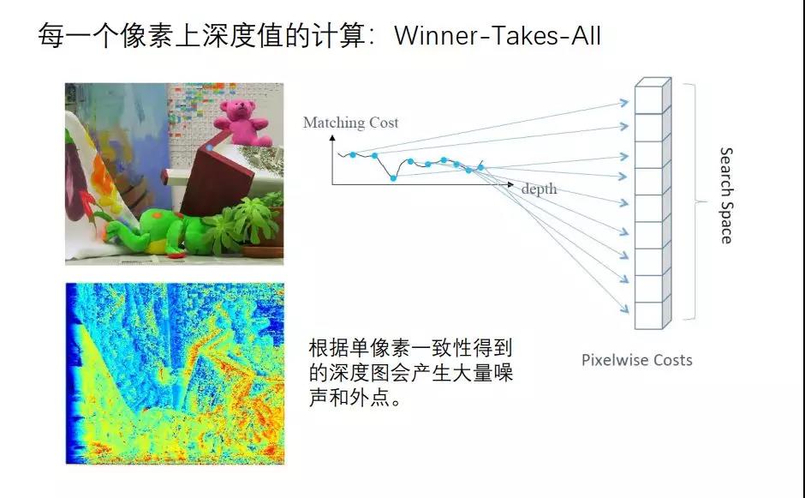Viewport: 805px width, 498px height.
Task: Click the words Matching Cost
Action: coord(350,123)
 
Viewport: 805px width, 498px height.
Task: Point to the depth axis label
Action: coord(539,189)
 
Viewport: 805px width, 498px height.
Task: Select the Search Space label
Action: coord(726,195)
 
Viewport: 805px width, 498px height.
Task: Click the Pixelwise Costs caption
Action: coord(636,360)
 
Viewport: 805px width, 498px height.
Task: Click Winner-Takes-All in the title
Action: coord(497,36)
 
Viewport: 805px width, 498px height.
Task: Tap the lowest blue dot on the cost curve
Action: coord(393,178)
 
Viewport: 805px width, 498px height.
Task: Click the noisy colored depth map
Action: coord(175,374)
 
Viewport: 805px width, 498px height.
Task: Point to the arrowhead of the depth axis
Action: coord(510,184)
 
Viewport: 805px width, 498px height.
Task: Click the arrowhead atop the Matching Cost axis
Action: coord(332,138)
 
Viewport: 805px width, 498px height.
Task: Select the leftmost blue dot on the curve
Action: coord(353,154)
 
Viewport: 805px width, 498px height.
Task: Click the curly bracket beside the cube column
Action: coord(693,202)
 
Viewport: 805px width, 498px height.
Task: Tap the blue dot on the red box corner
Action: coord(210,148)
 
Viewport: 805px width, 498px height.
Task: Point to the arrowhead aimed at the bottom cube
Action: coord(625,309)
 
